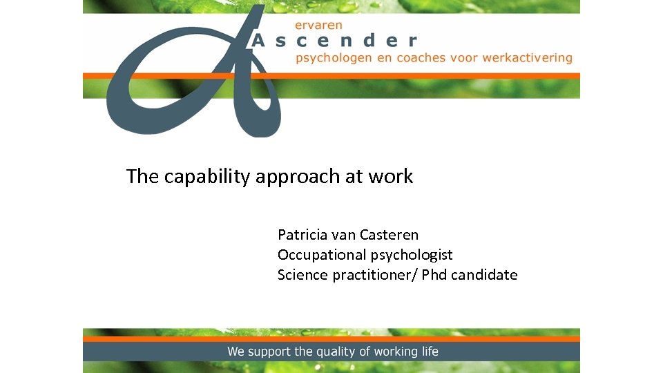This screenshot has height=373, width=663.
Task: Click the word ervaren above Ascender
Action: pos(318,25)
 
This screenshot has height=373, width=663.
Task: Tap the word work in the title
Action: pos(390,176)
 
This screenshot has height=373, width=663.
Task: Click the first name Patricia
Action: pos(302,235)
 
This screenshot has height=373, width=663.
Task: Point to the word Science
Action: pos(302,275)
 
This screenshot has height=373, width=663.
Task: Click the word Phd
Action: pos(435,275)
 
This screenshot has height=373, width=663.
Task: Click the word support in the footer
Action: pos(269,352)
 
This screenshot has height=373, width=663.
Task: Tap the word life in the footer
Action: pos(429,352)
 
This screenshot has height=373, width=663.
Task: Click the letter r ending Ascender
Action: pos(412,41)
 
